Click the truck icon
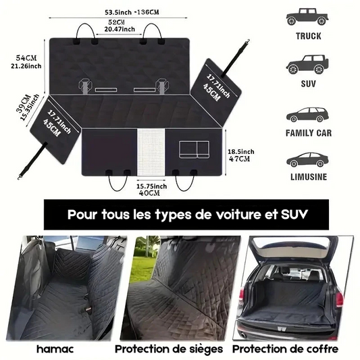point(307,17)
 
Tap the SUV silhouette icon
point(307,65)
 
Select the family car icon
point(307,115)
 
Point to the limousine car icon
point(307,160)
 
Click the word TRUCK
point(309,36)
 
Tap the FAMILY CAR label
point(309,133)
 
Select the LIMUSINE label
point(309,177)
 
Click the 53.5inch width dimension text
point(118,12)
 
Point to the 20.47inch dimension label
point(120,30)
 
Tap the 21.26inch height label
point(26,66)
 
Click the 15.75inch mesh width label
point(151,186)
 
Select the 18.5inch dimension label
point(241,152)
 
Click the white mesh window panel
point(151,153)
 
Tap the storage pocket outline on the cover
point(195,149)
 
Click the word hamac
point(55,349)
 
